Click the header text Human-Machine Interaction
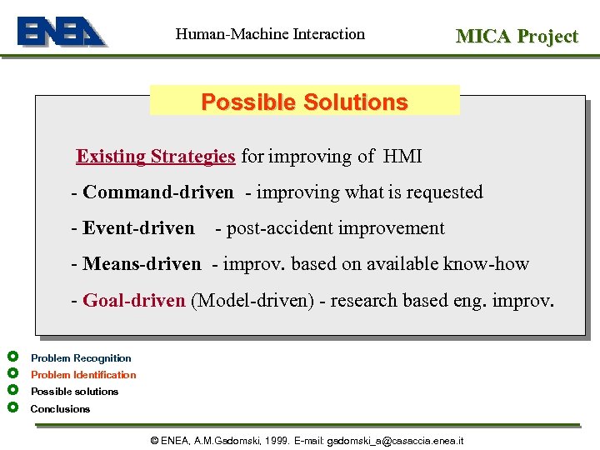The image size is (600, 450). [x=270, y=34]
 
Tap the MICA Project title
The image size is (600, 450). [x=516, y=36]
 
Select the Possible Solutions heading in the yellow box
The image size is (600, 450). [x=304, y=102]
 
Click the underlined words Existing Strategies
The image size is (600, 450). [x=156, y=156]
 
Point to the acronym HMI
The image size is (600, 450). [x=402, y=156]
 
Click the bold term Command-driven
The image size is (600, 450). [x=158, y=192]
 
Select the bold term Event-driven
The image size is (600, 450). [x=138, y=228]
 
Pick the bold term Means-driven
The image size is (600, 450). [x=142, y=264]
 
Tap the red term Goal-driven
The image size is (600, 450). [x=134, y=300]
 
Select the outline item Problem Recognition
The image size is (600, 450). [x=81, y=358]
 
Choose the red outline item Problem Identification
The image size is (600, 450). [x=83, y=375]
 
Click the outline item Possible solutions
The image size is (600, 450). [x=74, y=392]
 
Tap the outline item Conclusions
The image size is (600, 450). [x=60, y=409]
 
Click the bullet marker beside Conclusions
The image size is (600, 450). [x=12, y=407]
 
